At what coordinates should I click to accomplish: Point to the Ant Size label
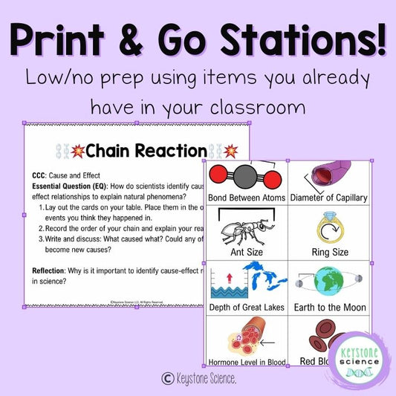click(244, 251)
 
